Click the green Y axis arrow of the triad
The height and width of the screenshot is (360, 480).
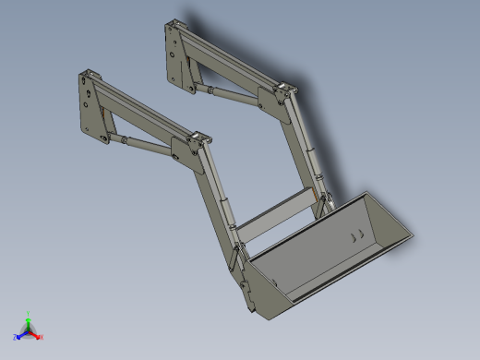tap(28, 318)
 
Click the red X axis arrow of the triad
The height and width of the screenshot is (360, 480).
tap(38, 336)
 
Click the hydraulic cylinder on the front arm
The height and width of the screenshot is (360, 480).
tap(148, 145)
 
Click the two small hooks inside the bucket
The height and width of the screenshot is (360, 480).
tap(354, 236)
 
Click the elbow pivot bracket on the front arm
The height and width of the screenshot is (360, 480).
tap(197, 146)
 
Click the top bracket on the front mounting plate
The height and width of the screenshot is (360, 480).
tap(89, 75)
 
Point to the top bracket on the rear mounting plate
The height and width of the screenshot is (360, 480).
tap(173, 25)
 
